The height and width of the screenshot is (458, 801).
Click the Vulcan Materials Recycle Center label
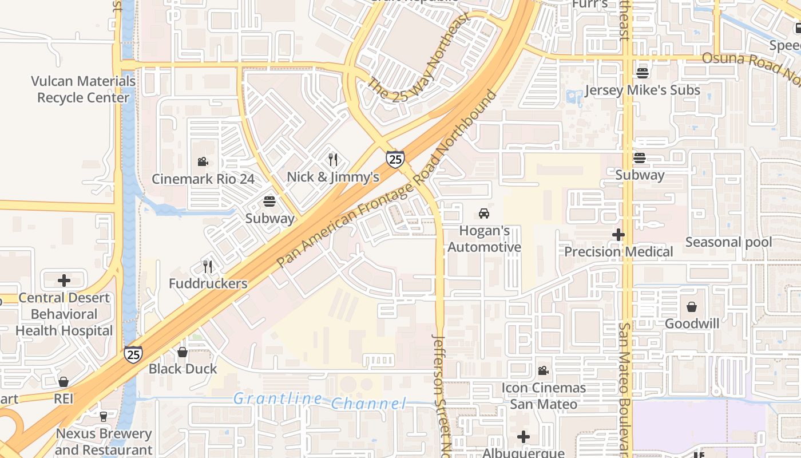click(x=84, y=89)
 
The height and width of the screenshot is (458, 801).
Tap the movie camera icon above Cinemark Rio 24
click(x=203, y=162)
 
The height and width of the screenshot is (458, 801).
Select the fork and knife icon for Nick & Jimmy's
click(x=333, y=160)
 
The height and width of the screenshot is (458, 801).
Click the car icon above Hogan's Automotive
click(x=484, y=214)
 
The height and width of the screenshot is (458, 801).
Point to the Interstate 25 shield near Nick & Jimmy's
click(x=395, y=159)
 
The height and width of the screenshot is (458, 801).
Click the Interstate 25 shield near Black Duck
click(x=133, y=354)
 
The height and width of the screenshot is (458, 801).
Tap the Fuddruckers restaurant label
click(x=208, y=283)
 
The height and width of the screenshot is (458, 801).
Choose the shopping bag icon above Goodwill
click(x=692, y=307)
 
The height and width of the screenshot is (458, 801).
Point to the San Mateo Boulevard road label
click(x=625, y=389)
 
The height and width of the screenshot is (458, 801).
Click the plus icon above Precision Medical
click(x=618, y=235)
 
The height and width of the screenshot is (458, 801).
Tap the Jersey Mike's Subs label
click(x=643, y=90)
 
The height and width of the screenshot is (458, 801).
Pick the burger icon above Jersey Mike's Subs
click(x=643, y=73)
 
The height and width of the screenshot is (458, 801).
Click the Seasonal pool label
click(x=728, y=242)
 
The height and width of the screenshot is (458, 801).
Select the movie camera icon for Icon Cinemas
click(x=543, y=371)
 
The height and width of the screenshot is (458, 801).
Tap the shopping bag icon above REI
click(x=64, y=382)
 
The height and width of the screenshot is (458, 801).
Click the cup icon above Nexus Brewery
click(x=104, y=416)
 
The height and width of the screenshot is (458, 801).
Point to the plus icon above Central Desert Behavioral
click(x=64, y=281)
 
